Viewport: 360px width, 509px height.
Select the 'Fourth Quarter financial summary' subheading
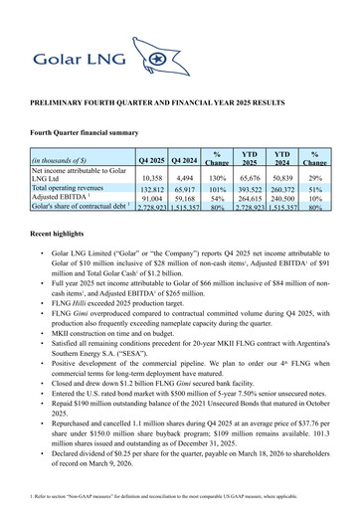[90, 132]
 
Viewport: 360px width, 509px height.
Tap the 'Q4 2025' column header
[152, 160]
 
